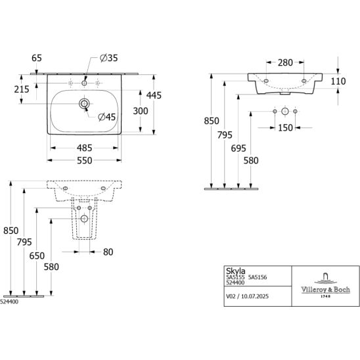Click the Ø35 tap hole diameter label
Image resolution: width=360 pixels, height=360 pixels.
[109, 58]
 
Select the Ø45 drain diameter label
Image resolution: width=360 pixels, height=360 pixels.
[107, 117]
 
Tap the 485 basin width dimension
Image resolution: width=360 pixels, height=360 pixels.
[85, 148]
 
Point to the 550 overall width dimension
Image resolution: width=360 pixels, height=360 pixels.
[85, 160]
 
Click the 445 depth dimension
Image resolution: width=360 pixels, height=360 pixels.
[154, 95]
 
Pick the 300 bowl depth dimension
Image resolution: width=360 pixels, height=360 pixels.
[141, 111]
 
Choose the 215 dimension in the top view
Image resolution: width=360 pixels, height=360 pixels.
[22, 89]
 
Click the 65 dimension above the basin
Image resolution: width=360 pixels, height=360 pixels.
[37, 58]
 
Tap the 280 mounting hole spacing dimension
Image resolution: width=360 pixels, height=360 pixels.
[285, 62]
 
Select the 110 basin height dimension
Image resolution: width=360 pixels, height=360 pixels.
[338, 81]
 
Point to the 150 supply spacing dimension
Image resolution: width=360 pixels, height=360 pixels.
[285, 128]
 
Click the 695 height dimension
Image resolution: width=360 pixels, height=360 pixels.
[238, 148]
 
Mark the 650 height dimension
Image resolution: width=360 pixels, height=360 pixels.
[37, 256]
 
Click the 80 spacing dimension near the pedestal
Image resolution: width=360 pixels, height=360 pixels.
[108, 252]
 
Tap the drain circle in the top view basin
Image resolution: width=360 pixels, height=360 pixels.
[84, 104]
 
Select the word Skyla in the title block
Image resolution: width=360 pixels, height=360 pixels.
[236, 271]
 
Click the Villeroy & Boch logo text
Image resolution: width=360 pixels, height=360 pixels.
[326, 289]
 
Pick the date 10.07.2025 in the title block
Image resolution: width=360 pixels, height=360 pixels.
[255, 296]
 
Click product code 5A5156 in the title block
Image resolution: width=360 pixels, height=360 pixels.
[258, 277]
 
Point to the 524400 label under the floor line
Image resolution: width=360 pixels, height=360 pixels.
[9, 302]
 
